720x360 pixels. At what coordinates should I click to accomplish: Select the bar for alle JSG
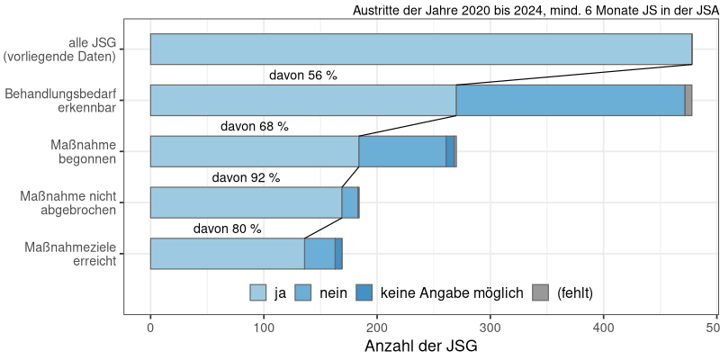point(420,49)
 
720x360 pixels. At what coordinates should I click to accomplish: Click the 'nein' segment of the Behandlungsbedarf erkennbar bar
point(571,100)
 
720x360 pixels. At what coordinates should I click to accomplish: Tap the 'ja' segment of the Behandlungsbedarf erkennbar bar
point(302,100)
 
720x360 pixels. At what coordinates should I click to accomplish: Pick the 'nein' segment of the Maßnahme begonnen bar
point(401,151)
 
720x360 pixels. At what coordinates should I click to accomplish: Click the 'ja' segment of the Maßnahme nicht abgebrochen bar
point(246,202)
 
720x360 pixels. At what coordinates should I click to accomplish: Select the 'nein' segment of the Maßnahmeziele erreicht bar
point(319,254)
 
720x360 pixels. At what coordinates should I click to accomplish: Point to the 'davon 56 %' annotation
point(302,76)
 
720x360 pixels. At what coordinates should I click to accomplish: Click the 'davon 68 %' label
point(254,127)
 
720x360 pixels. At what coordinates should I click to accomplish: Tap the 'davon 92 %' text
point(246,178)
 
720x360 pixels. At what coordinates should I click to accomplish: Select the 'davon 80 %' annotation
point(227,229)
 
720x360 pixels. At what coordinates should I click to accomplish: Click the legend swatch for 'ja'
point(258,292)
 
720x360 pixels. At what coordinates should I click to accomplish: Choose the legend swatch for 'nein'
point(303,292)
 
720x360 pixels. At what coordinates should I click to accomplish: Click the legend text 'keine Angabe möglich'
point(452,292)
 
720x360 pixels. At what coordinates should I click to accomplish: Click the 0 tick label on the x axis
point(150,328)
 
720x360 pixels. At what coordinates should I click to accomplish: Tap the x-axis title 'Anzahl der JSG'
point(420,346)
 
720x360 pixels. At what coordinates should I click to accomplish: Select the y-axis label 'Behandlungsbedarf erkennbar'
point(61,100)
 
